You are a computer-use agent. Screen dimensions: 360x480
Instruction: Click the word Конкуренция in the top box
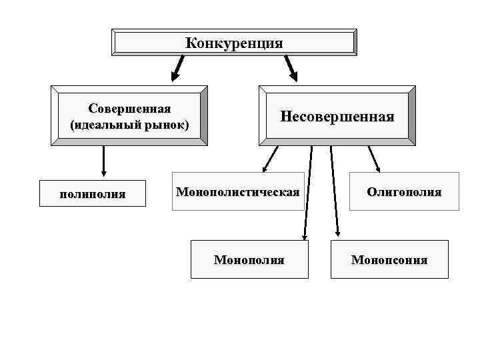click(234, 43)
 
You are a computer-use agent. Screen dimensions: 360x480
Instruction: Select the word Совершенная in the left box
click(129, 109)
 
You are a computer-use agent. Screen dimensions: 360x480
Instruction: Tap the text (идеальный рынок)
click(129, 125)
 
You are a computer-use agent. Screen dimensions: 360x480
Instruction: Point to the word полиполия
click(93, 194)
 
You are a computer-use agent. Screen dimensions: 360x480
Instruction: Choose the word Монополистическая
click(237, 192)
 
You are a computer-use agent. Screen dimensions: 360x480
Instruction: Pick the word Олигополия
click(404, 192)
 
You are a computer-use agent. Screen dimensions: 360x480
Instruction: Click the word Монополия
click(249, 259)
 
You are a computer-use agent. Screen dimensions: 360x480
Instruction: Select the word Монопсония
click(389, 259)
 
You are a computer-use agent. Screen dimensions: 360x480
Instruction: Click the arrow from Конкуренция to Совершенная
click(178, 67)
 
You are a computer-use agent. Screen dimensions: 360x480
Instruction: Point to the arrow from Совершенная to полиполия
click(104, 161)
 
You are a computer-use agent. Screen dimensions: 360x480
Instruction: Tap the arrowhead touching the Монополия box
click(305, 235)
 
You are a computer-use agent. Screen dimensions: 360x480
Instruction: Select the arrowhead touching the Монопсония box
click(337, 233)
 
